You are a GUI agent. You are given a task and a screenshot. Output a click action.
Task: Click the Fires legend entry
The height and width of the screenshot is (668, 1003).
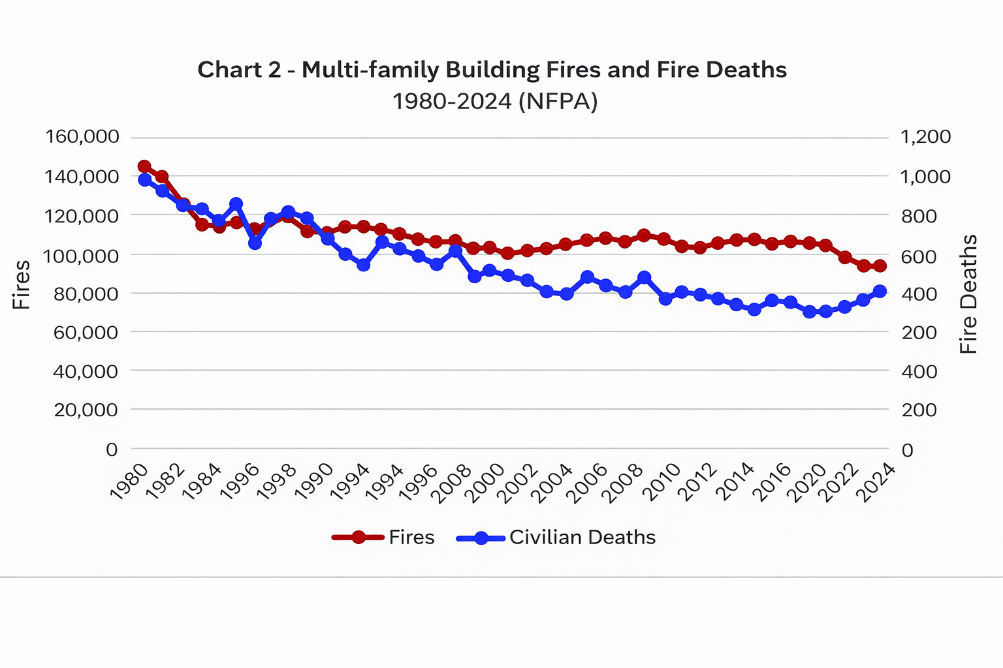point(383,538)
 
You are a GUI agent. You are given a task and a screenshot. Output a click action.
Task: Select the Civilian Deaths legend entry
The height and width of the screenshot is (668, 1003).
point(556,538)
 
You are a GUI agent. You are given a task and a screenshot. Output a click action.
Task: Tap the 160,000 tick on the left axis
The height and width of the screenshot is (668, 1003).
point(82,137)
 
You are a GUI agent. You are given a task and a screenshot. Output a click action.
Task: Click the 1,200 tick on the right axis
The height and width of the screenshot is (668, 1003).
point(925,137)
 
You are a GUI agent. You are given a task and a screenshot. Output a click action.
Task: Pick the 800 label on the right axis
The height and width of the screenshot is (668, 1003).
point(919,216)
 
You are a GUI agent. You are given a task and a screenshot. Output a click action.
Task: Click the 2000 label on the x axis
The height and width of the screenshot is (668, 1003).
point(488,483)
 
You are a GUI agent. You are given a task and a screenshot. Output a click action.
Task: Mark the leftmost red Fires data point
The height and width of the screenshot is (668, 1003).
point(144,166)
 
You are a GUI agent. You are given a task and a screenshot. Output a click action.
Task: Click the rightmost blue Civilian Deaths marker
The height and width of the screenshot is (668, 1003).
point(880,291)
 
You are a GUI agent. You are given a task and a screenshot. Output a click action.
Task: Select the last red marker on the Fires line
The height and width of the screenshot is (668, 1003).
point(880,266)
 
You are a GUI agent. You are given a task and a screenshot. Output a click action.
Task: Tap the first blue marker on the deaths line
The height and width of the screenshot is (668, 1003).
point(144,180)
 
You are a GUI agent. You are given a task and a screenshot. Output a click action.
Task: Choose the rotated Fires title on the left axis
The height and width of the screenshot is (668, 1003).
point(22,284)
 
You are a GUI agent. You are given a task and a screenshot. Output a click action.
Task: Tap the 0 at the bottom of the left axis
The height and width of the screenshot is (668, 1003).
point(112,449)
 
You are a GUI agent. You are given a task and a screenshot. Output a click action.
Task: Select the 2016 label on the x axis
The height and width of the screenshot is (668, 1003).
point(772,483)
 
